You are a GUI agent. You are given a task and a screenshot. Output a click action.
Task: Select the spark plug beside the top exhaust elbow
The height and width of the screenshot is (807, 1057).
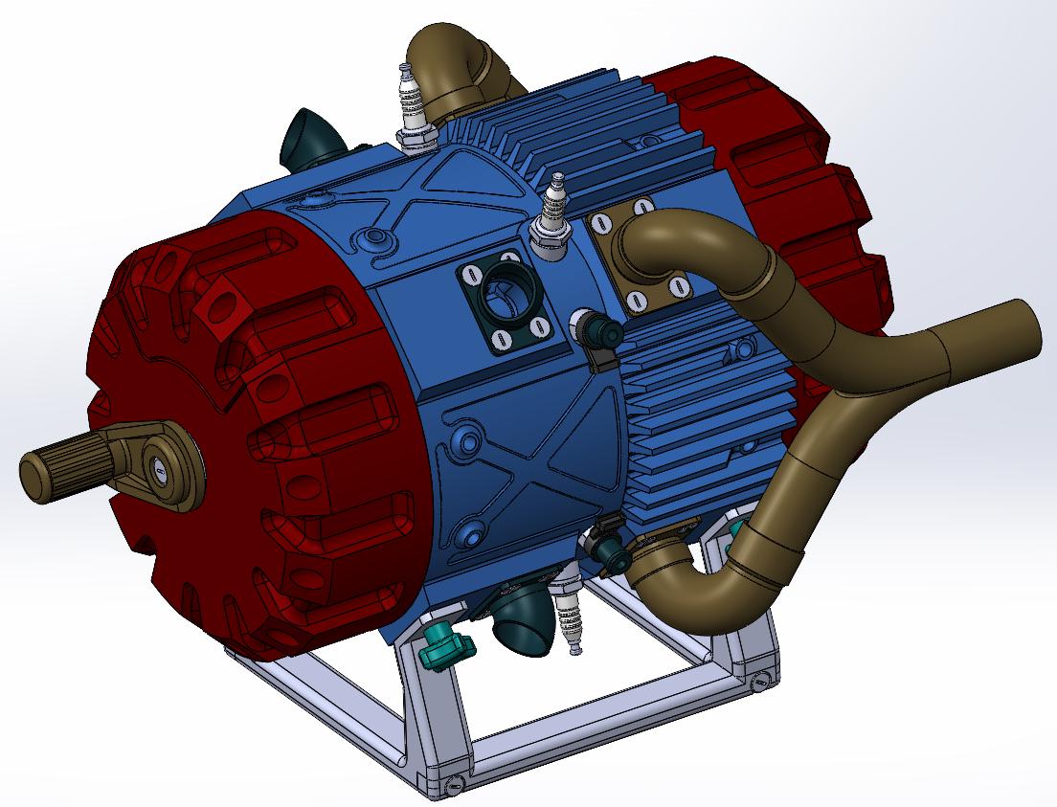tap(413, 106)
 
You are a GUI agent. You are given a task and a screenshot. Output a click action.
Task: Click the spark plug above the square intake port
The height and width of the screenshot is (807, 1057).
tap(552, 216)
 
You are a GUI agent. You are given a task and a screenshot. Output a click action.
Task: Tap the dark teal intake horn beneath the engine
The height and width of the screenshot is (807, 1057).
tap(526, 621)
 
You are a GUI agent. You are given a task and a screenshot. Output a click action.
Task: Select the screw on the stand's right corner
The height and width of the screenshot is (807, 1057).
tap(760, 682)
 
